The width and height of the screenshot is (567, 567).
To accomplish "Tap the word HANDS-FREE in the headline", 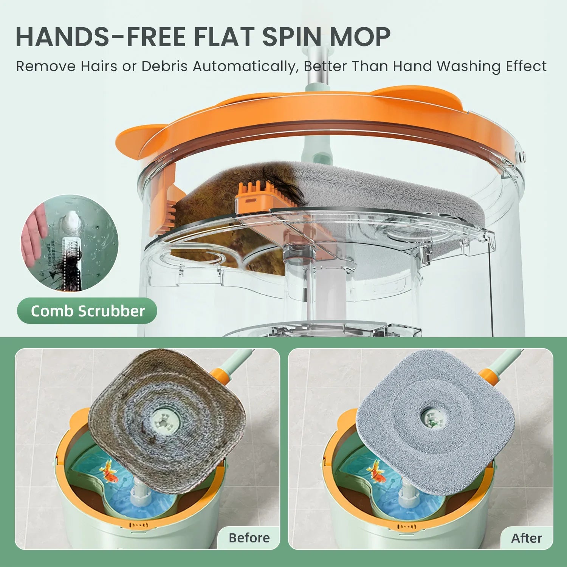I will coord(101,37).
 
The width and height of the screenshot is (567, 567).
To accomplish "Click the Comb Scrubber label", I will coord(87,311).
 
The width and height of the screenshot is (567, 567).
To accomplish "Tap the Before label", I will coord(249,538).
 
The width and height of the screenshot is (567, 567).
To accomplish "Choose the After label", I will coord(527,538).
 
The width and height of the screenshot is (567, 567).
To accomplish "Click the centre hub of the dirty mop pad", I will coord(164,418).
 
